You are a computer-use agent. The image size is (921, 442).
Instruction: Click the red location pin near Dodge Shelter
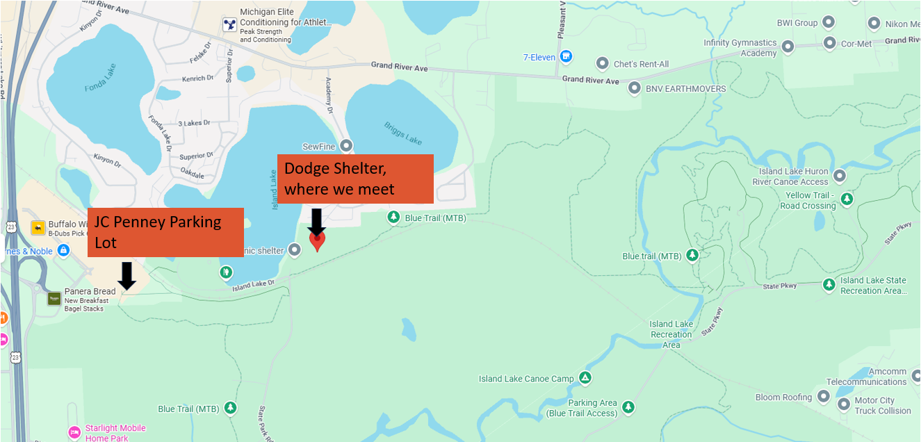(317, 240)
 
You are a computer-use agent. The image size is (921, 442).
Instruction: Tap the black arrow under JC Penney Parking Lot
(126, 275)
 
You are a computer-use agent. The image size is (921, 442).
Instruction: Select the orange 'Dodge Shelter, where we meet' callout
(355, 179)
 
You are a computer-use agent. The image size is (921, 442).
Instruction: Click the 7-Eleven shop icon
(567, 56)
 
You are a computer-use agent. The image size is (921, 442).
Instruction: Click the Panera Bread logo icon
(54, 299)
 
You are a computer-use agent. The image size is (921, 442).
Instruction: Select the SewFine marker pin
(346, 146)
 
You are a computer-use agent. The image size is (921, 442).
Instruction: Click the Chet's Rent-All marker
(603, 64)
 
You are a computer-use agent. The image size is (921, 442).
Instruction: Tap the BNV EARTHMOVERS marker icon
(634, 88)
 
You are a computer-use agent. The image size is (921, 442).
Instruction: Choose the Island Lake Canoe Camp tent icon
(585, 378)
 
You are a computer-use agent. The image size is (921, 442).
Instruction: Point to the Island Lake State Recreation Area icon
(829, 285)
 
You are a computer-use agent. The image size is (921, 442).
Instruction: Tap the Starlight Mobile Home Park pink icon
(74, 433)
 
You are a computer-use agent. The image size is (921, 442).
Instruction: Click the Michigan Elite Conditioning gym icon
(229, 25)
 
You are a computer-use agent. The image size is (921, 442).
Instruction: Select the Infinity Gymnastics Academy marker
(788, 47)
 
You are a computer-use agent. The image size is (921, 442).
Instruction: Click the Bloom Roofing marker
(824, 397)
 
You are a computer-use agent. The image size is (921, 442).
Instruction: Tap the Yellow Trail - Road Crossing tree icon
(847, 200)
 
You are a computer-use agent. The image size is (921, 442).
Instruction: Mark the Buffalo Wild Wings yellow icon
(38, 228)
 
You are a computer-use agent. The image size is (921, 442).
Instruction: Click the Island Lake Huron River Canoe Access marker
(840, 176)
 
